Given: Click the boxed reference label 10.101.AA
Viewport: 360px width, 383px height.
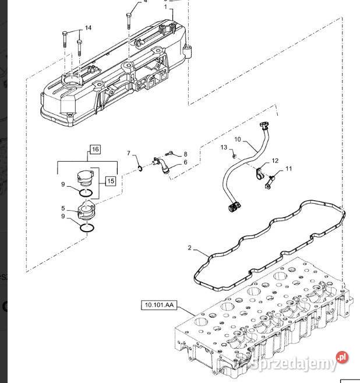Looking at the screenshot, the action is (159, 305).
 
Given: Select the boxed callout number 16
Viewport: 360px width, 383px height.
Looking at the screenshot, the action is (96, 149).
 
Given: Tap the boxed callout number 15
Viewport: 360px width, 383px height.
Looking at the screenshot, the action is (111, 181).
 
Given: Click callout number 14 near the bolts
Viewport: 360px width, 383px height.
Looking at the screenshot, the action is (88, 28).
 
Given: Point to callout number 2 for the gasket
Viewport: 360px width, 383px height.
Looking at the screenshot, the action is (190, 248).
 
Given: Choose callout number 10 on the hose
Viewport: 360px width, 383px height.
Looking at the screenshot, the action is (237, 139).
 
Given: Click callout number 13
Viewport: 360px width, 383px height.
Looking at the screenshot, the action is (224, 147).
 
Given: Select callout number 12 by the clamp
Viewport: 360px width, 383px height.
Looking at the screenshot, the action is (275, 161).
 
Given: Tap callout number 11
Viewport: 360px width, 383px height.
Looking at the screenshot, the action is (288, 169).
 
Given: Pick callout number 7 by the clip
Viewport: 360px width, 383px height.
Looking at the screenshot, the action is (129, 153).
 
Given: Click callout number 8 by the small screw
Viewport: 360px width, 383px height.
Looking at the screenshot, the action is (185, 154).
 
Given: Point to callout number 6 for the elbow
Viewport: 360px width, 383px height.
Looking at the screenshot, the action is (185, 162).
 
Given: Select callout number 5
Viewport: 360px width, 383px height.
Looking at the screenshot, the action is (63, 208).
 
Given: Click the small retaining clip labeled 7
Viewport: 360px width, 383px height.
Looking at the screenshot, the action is (140, 168).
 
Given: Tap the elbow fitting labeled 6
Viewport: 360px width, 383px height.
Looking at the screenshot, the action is (161, 165).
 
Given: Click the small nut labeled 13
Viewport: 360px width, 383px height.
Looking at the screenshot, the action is (234, 155).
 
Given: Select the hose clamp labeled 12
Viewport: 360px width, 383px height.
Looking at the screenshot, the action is (259, 173).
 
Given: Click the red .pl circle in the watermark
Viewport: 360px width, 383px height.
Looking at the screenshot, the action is (342, 357).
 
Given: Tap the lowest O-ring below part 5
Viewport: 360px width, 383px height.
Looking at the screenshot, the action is (87, 228).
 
